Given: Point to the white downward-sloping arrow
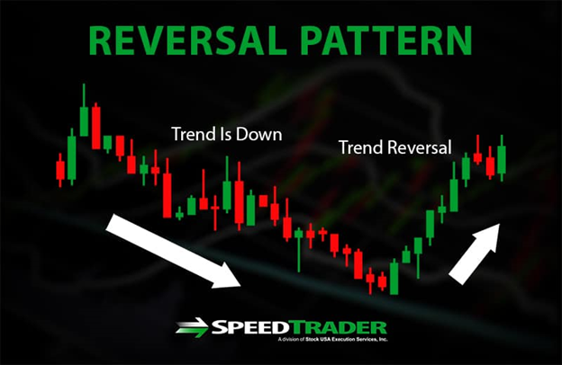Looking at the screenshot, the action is [173, 251].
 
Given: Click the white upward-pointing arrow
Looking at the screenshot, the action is [475, 254].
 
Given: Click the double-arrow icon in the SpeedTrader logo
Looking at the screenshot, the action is [192, 327].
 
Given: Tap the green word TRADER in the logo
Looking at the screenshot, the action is [339, 327].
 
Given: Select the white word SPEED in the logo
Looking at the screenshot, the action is [251, 327].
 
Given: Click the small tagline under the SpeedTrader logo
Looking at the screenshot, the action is [332, 339].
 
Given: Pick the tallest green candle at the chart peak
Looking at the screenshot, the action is [84, 110].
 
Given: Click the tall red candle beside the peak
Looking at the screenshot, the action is [96, 126].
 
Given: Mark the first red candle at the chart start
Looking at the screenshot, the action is [60, 170].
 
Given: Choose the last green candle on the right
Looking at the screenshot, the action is [502, 158].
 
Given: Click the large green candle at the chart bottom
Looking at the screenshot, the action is [394, 277].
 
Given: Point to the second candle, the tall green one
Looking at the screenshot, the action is [72, 156].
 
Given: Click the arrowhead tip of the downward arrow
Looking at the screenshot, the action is [240, 286].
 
